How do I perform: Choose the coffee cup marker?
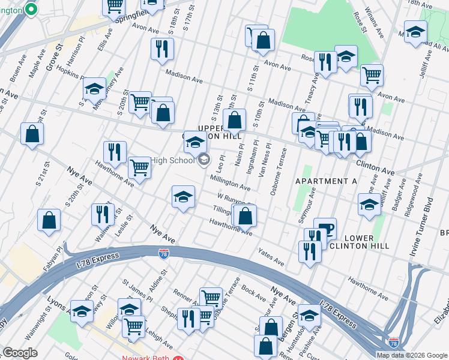pyautogui.click(x=325, y=228)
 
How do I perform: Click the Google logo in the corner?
pyautogui.click(x=20, y=353)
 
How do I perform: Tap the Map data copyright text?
pyautogui.click(x=411, y=355)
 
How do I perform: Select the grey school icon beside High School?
pyautogui.click(x=204, y=159)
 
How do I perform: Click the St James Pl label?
pyautogui.click(x=137, y=289)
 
